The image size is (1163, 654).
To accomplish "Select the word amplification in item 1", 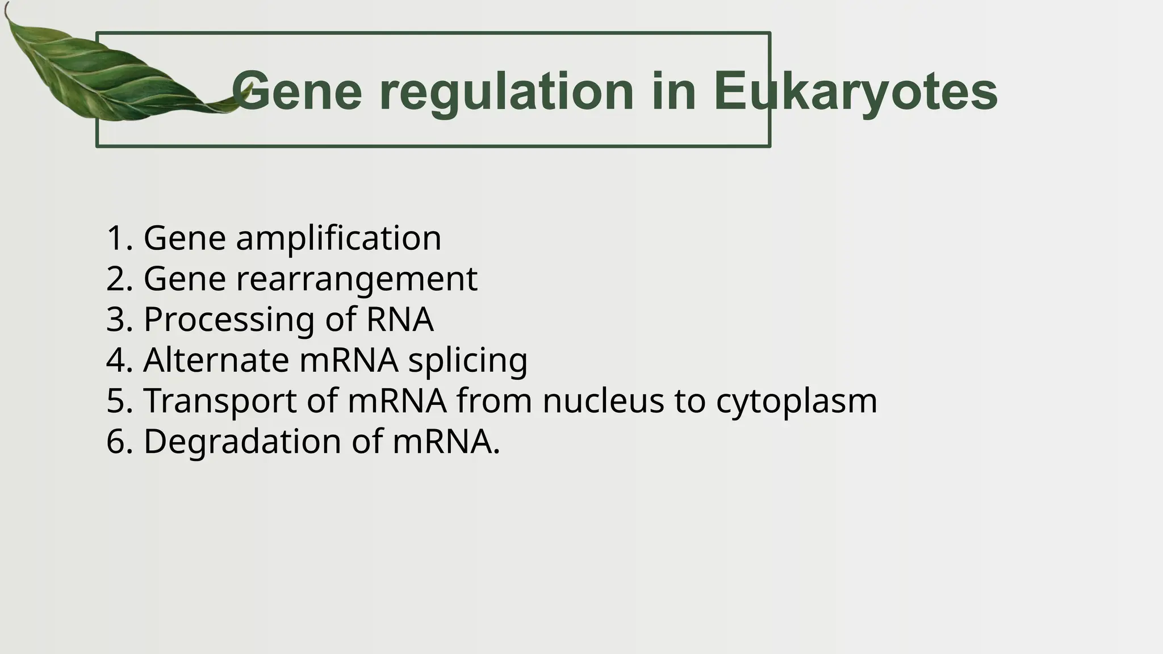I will pos(338,238).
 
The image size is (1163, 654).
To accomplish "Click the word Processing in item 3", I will pos(229,320).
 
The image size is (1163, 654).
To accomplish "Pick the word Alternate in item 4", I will pos(216,360).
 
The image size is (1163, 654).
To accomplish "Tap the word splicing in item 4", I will pos(468,361).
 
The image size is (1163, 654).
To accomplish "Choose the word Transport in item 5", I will pos(220,401).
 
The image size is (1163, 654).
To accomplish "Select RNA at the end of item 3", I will pos(400,320).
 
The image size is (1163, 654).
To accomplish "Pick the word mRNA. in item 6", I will pos(446,442).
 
